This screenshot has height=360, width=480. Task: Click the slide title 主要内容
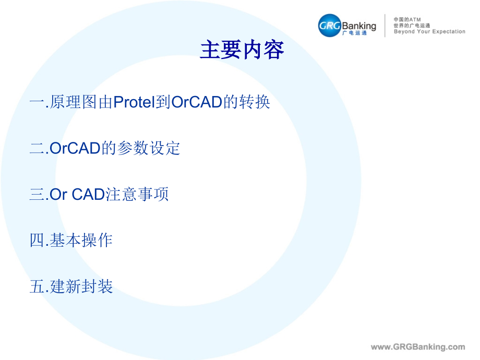point(242,50)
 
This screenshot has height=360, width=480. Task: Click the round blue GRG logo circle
point(330,26)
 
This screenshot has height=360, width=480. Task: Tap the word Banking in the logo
point(359,26)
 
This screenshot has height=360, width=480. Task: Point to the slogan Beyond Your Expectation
point(429,31)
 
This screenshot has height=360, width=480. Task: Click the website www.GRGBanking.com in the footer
point(418,347)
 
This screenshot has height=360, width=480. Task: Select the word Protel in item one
point(134,102)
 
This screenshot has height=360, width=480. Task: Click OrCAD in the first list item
point(197,102)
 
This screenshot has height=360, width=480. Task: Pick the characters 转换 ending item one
point(255,102)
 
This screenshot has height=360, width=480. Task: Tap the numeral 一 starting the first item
point(37,102)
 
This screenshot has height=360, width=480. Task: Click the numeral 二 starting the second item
point(37,148)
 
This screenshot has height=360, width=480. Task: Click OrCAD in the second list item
point(75,148)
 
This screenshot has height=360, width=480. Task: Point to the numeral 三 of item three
point(37,195)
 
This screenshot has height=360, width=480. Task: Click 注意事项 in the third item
point(137,195)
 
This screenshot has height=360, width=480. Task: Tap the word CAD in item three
point(89,195)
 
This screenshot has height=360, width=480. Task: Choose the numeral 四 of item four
point(37,241)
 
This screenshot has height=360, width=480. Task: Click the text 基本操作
point(81,241)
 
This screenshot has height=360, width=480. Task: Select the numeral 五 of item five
point(37,286)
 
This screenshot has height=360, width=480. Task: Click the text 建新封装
point(81,286)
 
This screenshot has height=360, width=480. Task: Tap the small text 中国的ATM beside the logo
point(407,20)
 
